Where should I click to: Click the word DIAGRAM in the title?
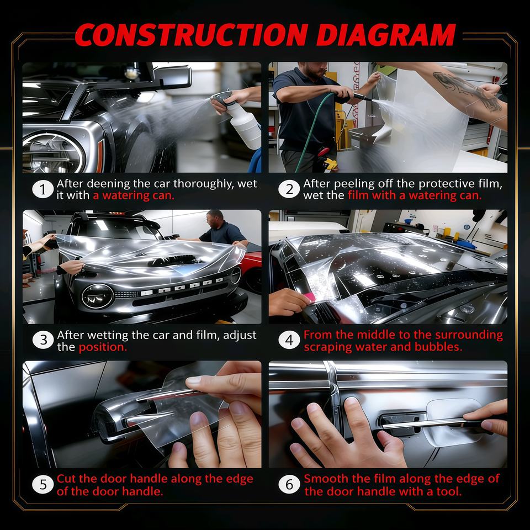(x=386, y=35)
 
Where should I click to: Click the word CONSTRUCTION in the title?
(x=192, y=35)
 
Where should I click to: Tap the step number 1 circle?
(x=43, y=189)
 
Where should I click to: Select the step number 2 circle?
(x=289, y=189)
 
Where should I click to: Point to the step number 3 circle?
(x=43, y=340)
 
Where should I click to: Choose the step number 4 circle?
(x=289, y=340)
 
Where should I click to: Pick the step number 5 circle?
(x=43, y=484)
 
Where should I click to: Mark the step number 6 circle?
(x=289, y=484)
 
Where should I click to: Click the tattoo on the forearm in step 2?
(x=468, y=91)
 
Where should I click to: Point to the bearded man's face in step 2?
(x=314, y=70)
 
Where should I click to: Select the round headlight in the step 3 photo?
(x=98, y=296)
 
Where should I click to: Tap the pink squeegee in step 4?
(x=310, y=298)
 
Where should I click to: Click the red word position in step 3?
(x=103, y=347)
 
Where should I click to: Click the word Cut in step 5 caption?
(x=67, y=479)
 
